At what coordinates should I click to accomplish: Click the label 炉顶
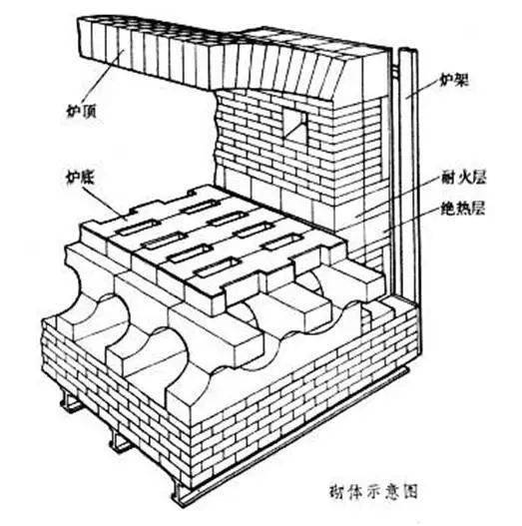82,111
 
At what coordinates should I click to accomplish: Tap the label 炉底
80,178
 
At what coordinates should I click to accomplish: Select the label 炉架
453,81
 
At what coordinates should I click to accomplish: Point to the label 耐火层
463,178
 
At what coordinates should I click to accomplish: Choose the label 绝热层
463,209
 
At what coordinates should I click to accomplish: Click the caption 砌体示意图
373,491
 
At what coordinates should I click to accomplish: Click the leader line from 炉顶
106,77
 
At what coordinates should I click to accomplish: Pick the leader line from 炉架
422,89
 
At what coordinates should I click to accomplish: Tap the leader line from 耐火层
397,198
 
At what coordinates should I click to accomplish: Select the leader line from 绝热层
411,221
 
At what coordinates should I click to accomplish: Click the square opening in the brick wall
295,123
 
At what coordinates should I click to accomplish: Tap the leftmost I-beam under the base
70,401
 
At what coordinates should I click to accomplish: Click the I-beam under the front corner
183,496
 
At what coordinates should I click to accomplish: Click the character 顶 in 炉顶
89,111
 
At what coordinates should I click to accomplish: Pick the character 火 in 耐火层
463,178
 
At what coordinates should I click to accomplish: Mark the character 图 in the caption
409,491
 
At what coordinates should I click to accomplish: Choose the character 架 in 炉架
461,81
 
